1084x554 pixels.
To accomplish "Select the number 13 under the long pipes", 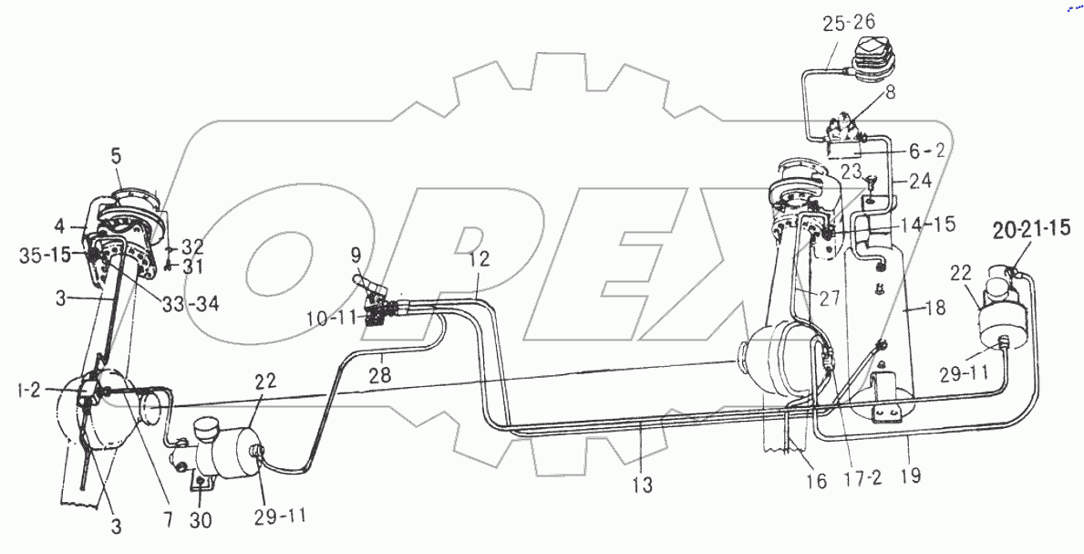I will click(643, 486).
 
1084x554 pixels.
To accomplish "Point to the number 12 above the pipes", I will click(480, 259).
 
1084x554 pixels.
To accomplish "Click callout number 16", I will click(816, 480).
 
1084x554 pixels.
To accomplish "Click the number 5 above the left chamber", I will click(117, 156).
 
